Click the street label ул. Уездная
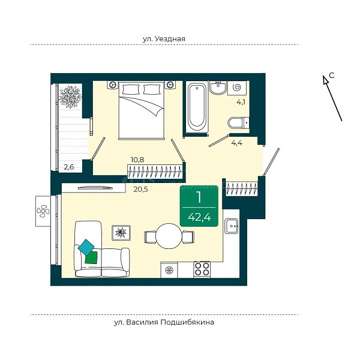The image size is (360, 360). tap(164, 38)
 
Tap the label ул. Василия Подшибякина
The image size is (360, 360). tap(164, 322)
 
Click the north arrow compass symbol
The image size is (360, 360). tap(332, 98)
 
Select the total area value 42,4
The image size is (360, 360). tap(199, 217)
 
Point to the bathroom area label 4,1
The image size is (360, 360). tap(241, 102)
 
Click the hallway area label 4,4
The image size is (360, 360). tap(237, 143)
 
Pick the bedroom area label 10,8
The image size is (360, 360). tap(137, 160)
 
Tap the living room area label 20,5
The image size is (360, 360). tap(141, 190)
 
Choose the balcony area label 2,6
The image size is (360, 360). tap(69, 167)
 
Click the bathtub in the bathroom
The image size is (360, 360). tap(197, 106)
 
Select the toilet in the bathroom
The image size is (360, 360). tap(238, 123)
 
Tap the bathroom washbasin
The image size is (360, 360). tap(218, 88)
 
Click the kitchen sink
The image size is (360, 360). tap(232, 226)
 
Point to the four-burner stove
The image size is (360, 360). tap(202, 269)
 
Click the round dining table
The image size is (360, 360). tap(169, 236)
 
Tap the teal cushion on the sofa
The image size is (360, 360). tap(86, 247)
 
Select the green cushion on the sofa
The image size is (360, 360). tap(91, 257)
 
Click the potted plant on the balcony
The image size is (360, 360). tap(70, 97)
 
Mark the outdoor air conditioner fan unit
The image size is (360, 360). tap(43, 211)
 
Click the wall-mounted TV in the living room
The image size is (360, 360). tap(95, 188)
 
